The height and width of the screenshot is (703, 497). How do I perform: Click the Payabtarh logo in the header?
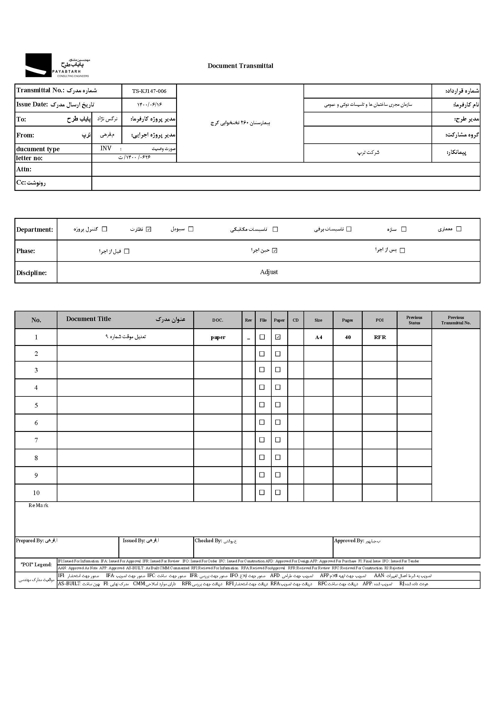[x=57, y=65]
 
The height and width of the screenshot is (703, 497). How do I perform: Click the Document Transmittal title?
[x=240, y=66]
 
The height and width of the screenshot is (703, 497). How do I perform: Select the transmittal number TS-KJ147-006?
[x=149, y=91]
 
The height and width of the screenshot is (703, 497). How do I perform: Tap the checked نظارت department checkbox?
[x=148, y=229]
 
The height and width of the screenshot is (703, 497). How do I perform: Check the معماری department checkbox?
[x=459, y=229]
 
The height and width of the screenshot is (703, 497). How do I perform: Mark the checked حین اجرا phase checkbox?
[x=275, y=250]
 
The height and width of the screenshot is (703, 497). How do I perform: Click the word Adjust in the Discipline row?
[x=269, y=272]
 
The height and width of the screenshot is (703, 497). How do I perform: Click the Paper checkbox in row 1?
[x=278, y=337]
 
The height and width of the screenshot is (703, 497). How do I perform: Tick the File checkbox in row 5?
[x=262, y=405]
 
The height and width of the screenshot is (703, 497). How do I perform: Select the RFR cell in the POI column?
[x=380, y=337]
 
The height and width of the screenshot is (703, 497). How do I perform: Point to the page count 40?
[x=348, y=337]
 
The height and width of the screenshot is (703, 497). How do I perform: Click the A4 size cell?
[x=318, y=337]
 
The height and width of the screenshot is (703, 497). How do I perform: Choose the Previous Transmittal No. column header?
[x=456, y=320]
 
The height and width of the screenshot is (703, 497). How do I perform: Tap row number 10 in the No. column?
[x=36, y=493]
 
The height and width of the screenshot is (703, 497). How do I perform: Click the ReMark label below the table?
[x=38, y=505]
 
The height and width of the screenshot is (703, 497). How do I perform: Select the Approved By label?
[x=349, y=540]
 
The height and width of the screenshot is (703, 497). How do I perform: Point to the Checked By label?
[x=208, y=540]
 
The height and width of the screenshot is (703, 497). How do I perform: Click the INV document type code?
[x=106, y=148]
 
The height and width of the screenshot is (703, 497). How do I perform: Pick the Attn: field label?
[x=24, y=169]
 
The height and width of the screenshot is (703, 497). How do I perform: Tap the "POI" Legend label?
[x=36, y=564]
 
